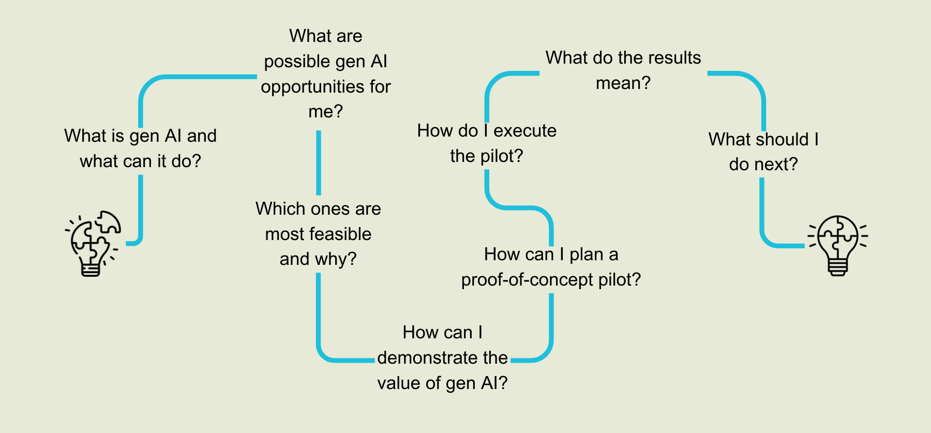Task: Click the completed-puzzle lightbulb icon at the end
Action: coord(838,245)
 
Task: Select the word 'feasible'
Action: coord(344,234)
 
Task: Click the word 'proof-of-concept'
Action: coord(527,280)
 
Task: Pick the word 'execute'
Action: coord(525,131)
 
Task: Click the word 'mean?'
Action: coord(623,83)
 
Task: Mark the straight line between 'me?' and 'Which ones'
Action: coord(319,162)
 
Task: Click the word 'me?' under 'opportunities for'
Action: coord(326,112)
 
